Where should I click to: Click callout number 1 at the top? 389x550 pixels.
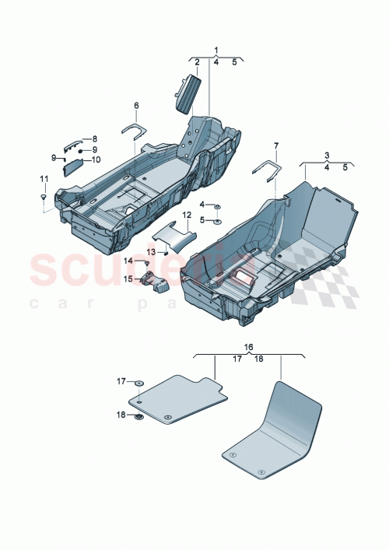point(216,50)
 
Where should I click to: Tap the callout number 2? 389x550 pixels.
point(198,62)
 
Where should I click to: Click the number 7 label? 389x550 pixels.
point(275,145)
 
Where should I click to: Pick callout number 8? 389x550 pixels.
point(94,138)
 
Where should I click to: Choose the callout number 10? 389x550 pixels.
point(96,159)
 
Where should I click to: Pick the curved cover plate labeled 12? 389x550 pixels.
point(170,235)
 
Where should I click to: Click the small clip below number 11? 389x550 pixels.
point(44,199)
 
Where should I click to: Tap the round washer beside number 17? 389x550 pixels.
point(138,383)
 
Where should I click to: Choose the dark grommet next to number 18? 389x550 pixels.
point(138,417)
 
